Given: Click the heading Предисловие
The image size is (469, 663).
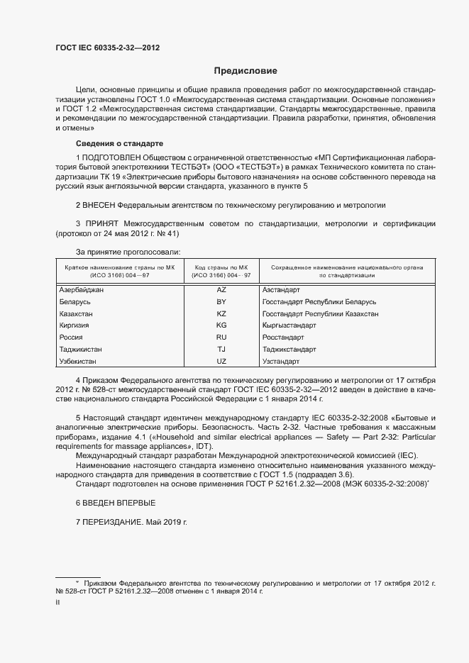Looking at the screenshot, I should pyautogui.click(x=245, y=71).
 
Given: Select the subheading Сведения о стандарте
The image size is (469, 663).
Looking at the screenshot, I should pyautogui.click(x=118, y=143).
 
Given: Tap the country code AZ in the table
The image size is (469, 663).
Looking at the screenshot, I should pyautogui.click(x=221, y=290).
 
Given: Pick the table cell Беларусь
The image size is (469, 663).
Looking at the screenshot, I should pyautogui.click(x=75, y=302).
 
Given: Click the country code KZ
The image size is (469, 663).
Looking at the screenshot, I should pyautogui.click(x=221, y=313).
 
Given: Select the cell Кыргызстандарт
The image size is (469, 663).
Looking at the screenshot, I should pyautogui.click(x=289, y=325).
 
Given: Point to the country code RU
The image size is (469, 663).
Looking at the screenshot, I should pyautogui.click(x=221, y=338).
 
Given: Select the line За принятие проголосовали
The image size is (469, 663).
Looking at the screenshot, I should pyautogui.click(x=128, y=252).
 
